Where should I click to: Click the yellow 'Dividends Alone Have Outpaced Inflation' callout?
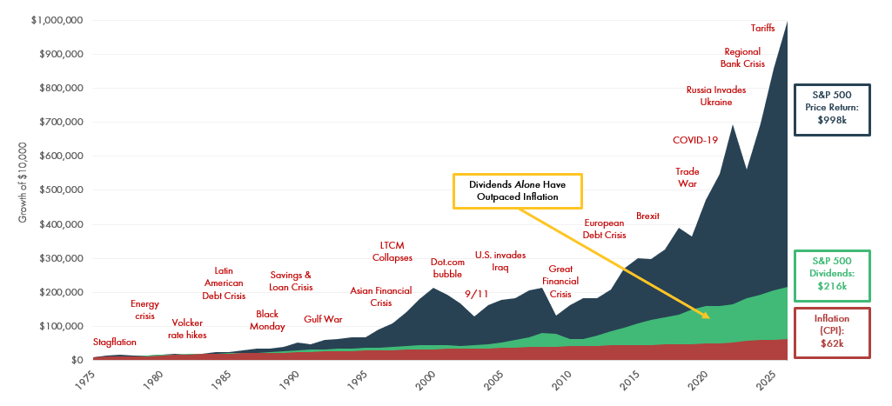[517, 190]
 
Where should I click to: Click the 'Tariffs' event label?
[763, 28]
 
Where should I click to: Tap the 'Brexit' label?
[649, 216]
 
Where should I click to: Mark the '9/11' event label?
[476, 294]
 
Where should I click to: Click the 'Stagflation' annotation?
[115, 343]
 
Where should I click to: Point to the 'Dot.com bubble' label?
[446, 268]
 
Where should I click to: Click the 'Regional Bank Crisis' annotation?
[742, 57]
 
